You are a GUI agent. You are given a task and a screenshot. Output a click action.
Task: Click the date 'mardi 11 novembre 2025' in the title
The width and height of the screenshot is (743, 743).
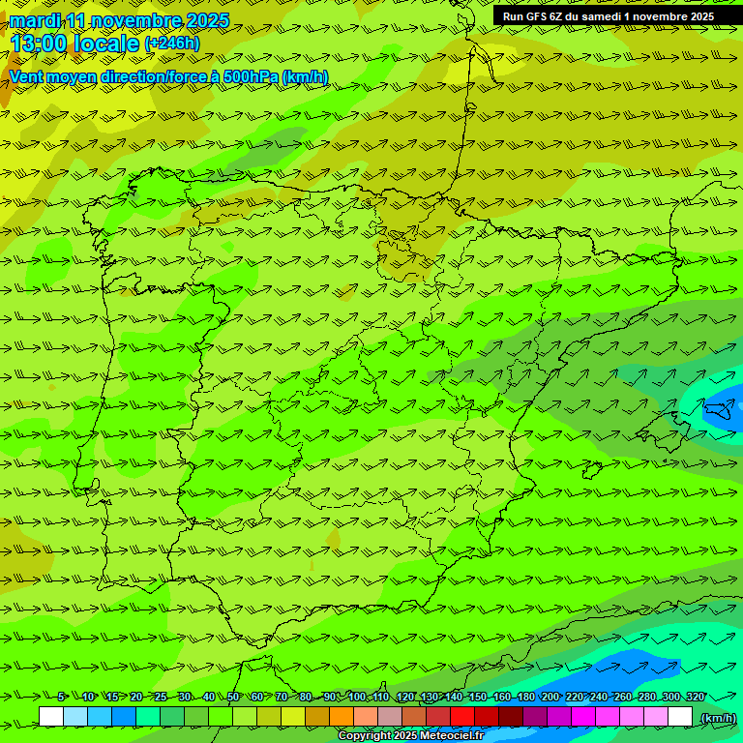click(x=119, y=20)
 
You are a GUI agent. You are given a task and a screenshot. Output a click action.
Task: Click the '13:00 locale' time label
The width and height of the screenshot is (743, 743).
click(x=74, y=43)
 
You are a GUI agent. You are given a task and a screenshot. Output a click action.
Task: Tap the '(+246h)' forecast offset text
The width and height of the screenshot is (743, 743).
click(x=171, y=43)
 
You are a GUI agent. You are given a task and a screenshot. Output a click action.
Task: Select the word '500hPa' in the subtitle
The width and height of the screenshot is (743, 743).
click(x=250, y=77)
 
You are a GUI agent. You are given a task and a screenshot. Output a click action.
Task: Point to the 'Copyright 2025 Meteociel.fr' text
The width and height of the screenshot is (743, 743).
click(x=411, y=736)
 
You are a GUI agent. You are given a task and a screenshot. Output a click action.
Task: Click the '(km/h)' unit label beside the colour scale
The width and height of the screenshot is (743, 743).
click(x=717, y=717)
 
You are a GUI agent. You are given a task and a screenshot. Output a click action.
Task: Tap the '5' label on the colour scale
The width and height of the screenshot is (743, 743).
click(x=61, y=697)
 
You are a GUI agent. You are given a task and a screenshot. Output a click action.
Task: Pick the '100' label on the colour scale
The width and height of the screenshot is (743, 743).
click(x=357, y=697)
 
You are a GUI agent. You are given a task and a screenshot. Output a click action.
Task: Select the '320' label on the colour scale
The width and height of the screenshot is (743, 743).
click(x=695, y=697)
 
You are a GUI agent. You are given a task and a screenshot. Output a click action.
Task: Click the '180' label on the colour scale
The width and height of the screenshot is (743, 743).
click(x=526, y=697)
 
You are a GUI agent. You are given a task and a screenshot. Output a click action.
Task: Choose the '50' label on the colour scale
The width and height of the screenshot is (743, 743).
click(x=233, y=697)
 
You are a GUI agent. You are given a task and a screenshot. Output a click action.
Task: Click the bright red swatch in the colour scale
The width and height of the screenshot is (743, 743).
click(x=462, y=717)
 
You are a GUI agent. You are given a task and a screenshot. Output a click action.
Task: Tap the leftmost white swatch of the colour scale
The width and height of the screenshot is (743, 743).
click(x=51, y=717)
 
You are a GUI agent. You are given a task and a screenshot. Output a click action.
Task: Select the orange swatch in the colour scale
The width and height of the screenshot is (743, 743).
click(x=342, y=717)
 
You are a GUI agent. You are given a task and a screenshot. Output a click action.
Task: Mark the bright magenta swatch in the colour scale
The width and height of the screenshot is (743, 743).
click(x=583, y=717)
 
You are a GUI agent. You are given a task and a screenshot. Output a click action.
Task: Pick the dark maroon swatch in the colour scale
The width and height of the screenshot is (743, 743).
click(x=511, y=717)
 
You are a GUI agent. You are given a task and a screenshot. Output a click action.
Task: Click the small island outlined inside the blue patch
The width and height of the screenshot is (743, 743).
click(x=721, y=412)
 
